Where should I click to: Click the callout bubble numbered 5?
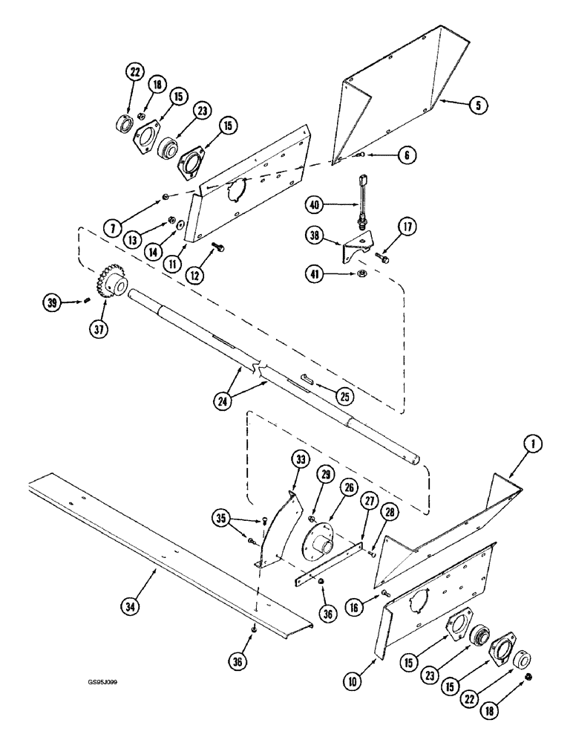(479, 106)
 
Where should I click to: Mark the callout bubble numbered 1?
(533, 447)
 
